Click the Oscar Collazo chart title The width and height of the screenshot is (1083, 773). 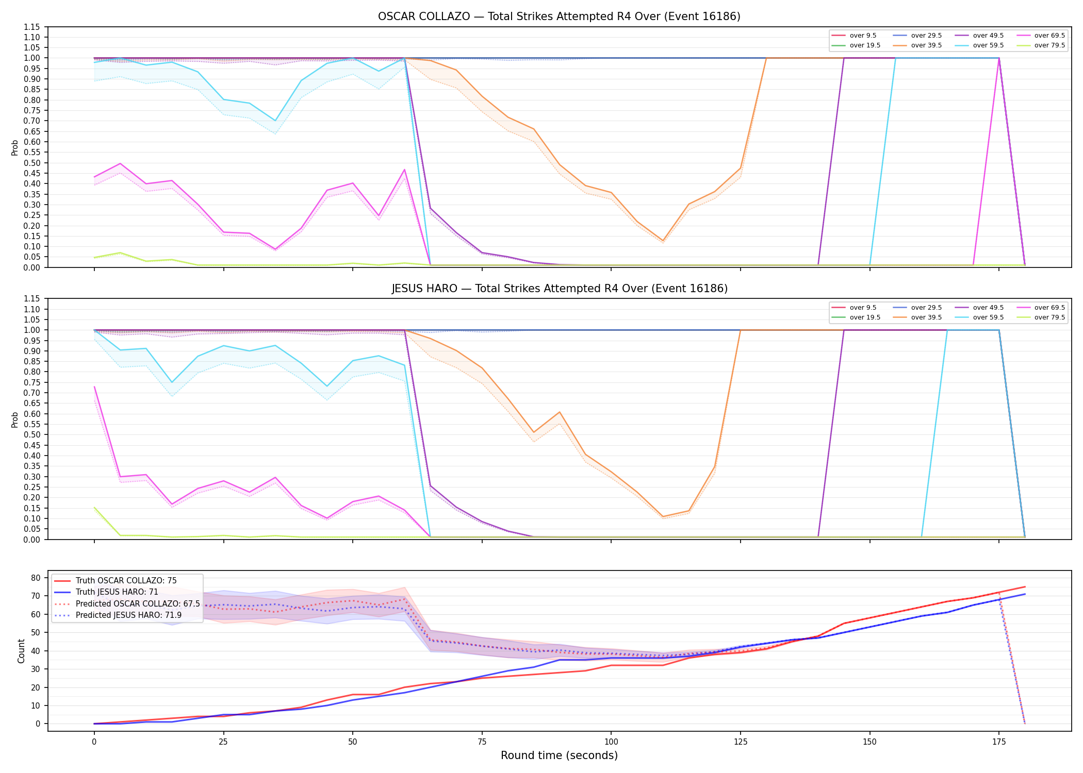559,16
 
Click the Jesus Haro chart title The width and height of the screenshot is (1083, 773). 560,289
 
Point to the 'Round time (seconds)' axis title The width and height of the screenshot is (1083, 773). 559,755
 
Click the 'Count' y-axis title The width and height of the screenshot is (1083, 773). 21,651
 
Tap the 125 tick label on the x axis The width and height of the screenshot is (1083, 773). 741,742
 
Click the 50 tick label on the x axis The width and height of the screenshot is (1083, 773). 352,742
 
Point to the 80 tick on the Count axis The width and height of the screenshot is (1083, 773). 36,578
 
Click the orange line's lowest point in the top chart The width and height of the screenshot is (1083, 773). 663,241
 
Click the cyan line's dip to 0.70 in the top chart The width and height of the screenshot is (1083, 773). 275,121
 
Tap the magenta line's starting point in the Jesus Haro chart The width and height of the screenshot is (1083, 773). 94,386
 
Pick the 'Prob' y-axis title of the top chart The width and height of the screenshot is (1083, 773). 15,148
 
